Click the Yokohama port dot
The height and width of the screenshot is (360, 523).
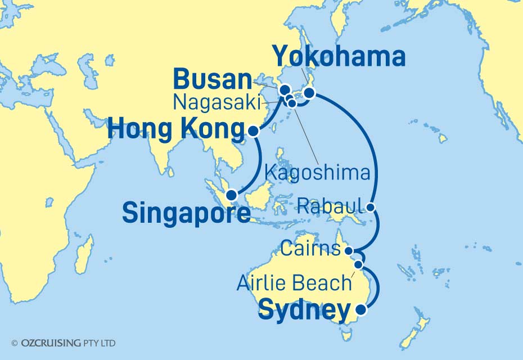pyautogui.click(x=309, y=93)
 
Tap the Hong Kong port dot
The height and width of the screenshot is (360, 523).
pyautogui.click(x=253, y=131)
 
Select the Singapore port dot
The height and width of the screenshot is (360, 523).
pyautogui.click(x=231, y=196)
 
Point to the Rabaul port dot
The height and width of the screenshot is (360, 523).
pyautogui.click(x=371, y=207)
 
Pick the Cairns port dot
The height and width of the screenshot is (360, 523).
pyautogui.click(x=349, y=251)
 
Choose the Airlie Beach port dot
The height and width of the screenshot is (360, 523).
pyautogui.click(x=358, y=264)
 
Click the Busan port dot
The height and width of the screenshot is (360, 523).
pyautogui.click(x=285, y=89)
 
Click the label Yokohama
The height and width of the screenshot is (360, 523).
pyautogui.click(x=339, y=57)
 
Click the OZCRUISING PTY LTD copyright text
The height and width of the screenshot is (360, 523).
pyautogui.click(x=63, y=343)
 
